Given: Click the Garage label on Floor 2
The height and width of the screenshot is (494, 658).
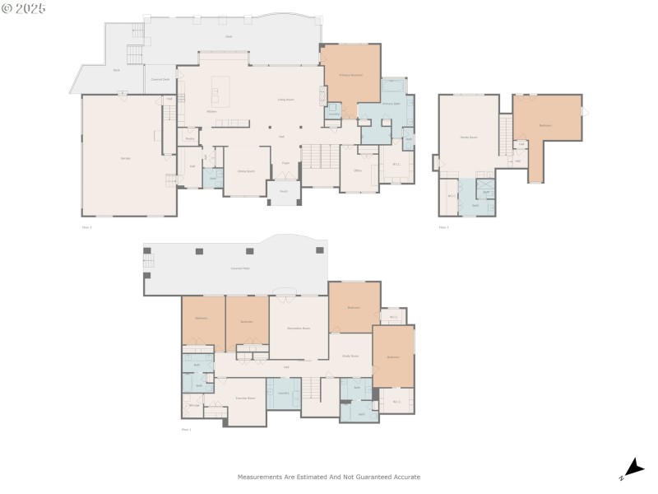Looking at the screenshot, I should coord(126,157).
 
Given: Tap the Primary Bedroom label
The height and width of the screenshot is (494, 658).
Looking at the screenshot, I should coord(351,75).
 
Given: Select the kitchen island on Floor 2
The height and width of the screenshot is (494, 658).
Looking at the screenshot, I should coord(220,86).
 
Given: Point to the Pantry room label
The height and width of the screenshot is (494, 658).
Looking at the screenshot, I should coord(189,139).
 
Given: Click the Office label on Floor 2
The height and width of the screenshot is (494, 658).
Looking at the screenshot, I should coord(358,170).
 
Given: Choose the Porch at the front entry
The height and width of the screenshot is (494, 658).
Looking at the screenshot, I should coord(283,192).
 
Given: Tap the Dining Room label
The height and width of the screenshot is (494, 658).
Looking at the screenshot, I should coord(245,171).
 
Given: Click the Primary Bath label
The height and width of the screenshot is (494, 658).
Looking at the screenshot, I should coord(391,105).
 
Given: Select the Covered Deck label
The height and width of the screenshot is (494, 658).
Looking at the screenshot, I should coord(160,79).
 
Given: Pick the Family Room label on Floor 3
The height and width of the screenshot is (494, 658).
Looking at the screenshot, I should coord(469,137).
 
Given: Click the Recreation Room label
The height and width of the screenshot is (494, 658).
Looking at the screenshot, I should coord(298,328).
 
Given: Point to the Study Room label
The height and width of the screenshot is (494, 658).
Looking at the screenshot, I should coord(350,356).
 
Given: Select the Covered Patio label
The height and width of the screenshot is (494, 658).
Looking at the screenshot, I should coord(240,269).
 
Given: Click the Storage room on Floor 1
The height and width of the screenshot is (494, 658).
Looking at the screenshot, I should coord(194,405).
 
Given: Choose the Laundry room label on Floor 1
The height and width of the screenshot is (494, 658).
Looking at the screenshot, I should coord(284,394).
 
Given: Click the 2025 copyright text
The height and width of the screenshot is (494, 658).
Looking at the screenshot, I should coord(24,8).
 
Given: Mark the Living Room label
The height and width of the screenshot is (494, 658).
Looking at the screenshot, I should coord(286,100).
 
